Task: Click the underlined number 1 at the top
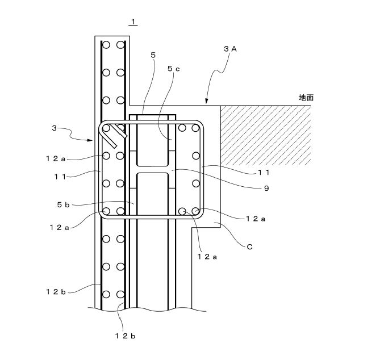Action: (x=133, y=22)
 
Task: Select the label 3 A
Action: (x=230, y=49)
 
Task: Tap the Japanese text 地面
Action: (x=306, y=98)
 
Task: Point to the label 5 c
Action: (x=174, y=69)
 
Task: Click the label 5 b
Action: (x=63, y=205)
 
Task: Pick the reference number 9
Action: (x=266, y=189)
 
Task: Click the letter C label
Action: (x=249, y=247)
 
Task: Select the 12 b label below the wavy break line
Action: (x=125, y=336)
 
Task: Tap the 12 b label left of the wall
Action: (x=56, y=292)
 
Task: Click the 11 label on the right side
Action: (x=264, y=173)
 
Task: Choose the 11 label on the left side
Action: (x=60, y=177)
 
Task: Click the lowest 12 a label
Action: (x=207, y=257)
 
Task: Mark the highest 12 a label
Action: (x=56, y=158)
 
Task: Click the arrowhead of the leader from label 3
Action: (x=90, y=140)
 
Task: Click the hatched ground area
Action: (x=265, y=136)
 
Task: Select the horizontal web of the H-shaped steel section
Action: (x=152, y=170)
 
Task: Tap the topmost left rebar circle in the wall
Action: (x=106, y=45)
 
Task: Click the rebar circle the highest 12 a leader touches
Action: (x=106, y=156)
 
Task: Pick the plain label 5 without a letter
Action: (x=153, y=55)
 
